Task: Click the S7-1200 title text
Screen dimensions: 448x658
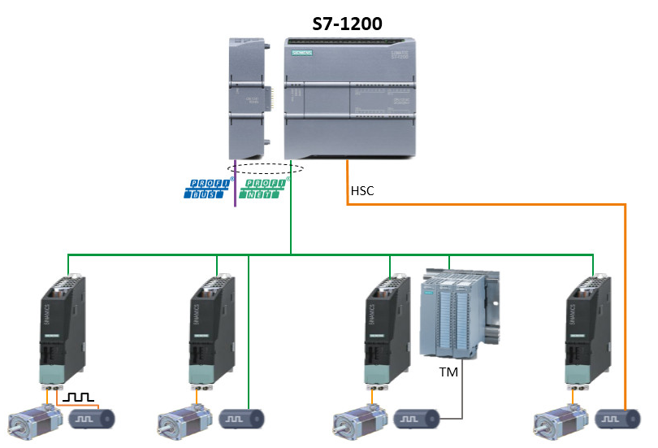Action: coord(348,24)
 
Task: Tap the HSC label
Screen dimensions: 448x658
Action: coord(362,192)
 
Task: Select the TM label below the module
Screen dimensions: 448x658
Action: coord(448,372)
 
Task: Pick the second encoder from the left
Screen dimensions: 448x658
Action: coord(243,420)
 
